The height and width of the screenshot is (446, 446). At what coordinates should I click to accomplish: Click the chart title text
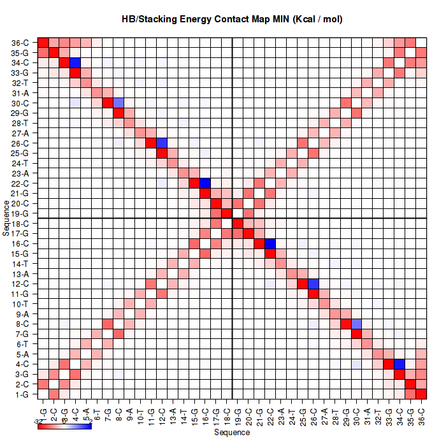[x=232, y=19]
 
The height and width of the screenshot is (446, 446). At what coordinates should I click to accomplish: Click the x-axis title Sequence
[x=232, y=433]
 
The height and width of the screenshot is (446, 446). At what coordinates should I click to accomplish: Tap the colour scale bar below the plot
[x=64, y=426]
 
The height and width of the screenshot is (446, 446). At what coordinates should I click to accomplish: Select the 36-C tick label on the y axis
[x=20, y=43]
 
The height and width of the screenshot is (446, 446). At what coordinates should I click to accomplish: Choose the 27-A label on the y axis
[x=20, y=133]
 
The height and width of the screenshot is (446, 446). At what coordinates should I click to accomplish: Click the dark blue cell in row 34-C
[x=76, y=62]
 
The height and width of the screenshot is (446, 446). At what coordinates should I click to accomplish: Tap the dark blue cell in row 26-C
[x=162, y=143]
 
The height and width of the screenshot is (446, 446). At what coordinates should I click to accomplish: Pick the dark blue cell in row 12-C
[x=313, y=284]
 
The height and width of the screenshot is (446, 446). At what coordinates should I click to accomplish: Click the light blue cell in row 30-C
[x=119, y=103]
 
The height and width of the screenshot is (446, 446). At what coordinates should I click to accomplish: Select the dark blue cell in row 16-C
[x=270, y=243]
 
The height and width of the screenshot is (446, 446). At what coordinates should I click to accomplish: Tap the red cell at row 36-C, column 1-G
[x=43, y=43]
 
